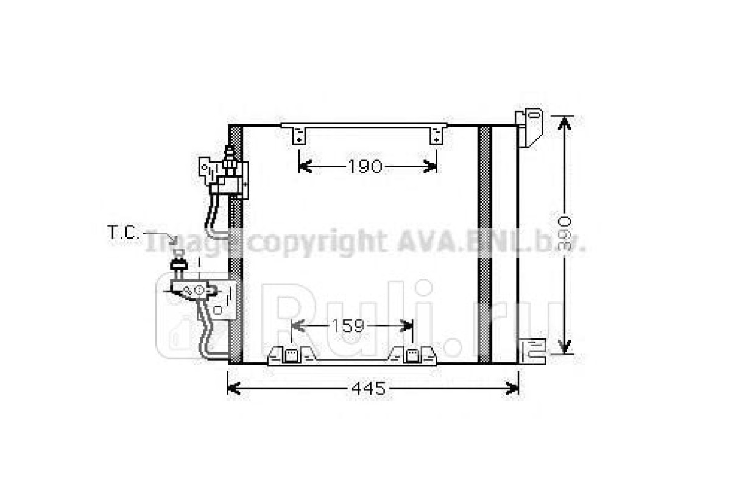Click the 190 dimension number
click(x=365, y=167)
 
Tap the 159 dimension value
click(x=348, y=326)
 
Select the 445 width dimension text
click(x=369, y=388)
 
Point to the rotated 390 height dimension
click(x=564, y=233)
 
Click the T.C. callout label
click(x=123, y=233)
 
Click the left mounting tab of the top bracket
click(x=299, y=136)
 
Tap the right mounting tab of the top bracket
click(x=436, y=136)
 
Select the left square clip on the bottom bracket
click(x=291, y=356)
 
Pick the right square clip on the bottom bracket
click(x=412, y=356)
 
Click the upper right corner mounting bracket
click(x=529, y=128)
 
